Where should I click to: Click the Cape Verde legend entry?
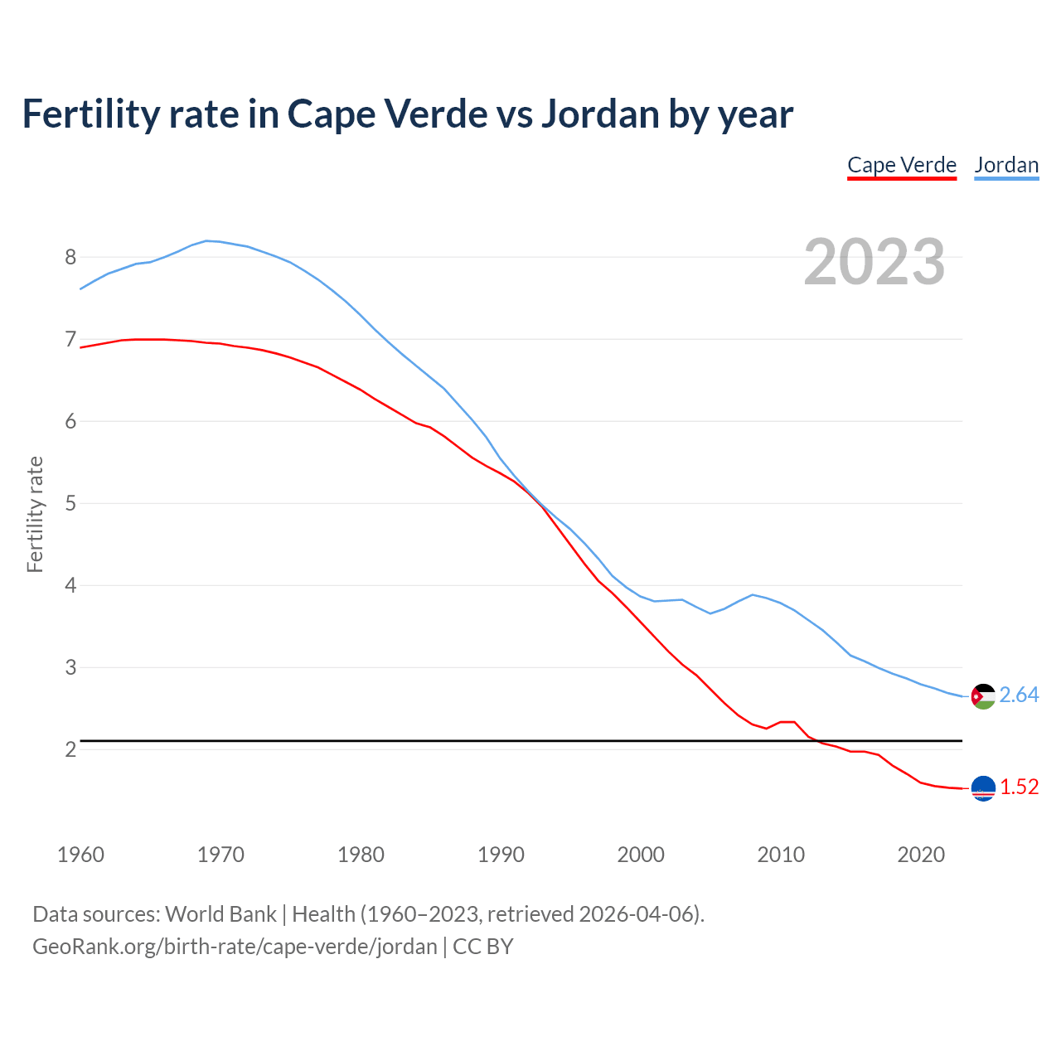pos(902,165)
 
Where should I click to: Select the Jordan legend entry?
pos(1006,165)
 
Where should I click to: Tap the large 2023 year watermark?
pos(874,262)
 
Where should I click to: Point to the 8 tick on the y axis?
pos(70,257)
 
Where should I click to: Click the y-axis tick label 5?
pos(70,503)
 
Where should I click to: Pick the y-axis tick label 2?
pos(70,749)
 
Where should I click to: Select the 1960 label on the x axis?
pos(80,855)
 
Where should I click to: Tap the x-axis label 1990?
pos(501,855)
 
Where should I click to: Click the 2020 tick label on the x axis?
pos(921,855)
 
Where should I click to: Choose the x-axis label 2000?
pos(641,855)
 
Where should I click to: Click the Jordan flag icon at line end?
pos(983,696)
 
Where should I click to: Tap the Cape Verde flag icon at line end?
pos(983,788)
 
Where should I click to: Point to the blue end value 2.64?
pos(1019,695)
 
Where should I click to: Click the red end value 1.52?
pos(1019,787)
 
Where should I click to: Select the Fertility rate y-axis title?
pos(35,514)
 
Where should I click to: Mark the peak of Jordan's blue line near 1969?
pos(207,240)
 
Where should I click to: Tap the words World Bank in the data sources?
pos(220,914)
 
